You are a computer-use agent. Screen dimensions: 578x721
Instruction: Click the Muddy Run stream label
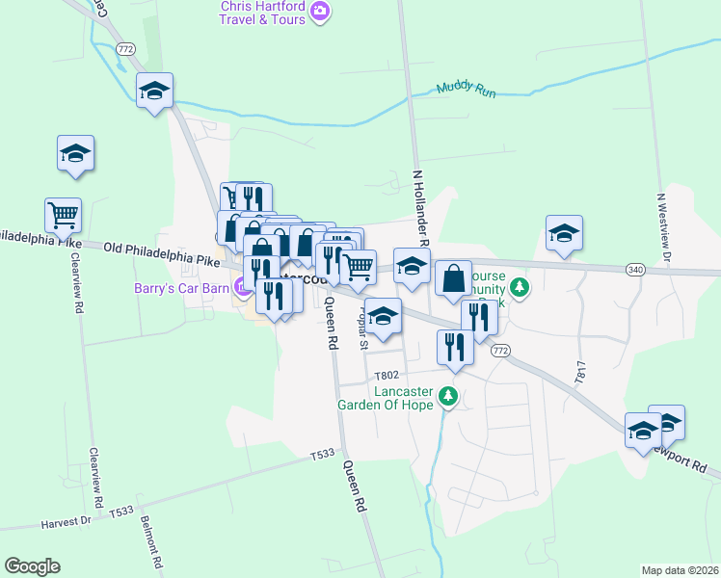point(466,89)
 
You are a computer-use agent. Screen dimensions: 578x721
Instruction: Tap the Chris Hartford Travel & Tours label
point(262,13)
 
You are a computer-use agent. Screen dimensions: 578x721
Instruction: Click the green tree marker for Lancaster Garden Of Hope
point(447,396)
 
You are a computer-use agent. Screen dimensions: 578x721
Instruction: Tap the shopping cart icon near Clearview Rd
point(63,215)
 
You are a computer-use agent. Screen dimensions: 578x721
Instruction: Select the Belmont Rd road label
point(149,539)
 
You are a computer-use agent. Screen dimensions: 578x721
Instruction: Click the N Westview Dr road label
point(662,224)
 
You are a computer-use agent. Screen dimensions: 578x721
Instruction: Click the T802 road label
point(386,375)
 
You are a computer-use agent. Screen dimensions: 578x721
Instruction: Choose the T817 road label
point(579,372)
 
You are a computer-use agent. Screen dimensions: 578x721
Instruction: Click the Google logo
point(32,566)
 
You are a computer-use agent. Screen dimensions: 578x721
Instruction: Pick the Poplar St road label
point(364,328)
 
